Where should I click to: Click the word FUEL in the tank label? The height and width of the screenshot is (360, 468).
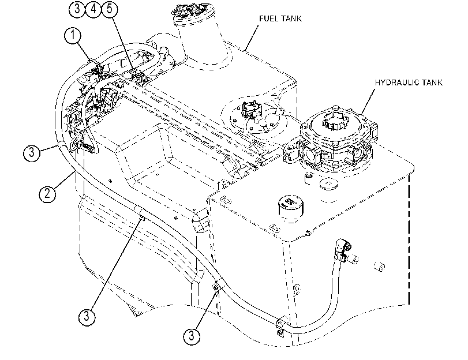(x=268, y=18)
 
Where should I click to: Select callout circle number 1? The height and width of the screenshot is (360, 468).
(x=73, y=36)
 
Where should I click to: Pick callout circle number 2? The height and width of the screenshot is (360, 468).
(x=47, y=194)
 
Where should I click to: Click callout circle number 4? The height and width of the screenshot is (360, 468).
(x=93, y=9)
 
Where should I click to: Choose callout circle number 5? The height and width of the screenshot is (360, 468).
(x=110, y=9)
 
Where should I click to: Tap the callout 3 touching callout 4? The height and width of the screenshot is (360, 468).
(x=77, y=9)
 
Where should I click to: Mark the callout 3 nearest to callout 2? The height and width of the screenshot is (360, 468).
(x=31, y=153)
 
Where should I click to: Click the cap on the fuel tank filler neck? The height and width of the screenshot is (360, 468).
(x=193, y=13)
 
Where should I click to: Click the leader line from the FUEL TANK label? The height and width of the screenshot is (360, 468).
(x=252, y=38)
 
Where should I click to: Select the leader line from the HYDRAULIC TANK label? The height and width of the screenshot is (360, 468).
(x=368, y=102)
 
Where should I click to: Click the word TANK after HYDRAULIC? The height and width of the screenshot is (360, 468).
(x=432, y=82)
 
